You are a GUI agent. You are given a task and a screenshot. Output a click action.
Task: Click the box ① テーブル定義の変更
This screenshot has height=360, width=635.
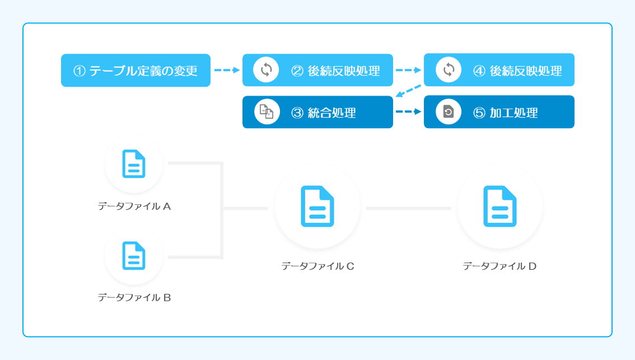[x=136, y=71]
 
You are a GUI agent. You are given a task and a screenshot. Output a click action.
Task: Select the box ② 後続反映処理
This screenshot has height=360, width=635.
[x=317, y=70]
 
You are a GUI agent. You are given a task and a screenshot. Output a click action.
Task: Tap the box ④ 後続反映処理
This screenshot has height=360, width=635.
[x=499, y=69]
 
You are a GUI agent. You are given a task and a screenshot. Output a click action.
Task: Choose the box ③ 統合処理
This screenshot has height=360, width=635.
[x=317, y=112]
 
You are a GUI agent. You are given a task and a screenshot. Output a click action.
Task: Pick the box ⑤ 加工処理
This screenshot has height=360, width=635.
[x=499, y=112]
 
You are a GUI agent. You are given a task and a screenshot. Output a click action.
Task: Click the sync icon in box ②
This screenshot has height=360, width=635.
[x=266, y=69]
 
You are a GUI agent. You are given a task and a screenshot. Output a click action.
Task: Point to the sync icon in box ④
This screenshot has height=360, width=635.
[x=449, y=69]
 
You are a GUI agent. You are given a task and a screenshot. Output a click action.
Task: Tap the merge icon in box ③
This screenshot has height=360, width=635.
[x=267, y=112]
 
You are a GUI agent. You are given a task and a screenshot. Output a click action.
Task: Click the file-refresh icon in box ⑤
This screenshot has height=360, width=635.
[x=449, y=111]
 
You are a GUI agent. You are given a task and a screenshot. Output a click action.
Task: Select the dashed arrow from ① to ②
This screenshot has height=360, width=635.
[x=227, y=70]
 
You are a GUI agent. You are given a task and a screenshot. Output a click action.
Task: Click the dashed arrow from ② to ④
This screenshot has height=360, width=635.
[x=408, y=70]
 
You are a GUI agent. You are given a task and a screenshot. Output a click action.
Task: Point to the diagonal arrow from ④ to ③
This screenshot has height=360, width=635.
[x=408, y=91]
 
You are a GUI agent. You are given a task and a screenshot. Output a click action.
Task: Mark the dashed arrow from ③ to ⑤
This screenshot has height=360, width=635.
[x=408, y=111]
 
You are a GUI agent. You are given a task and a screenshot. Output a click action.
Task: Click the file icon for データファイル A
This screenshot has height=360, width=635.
[x=134, y=163]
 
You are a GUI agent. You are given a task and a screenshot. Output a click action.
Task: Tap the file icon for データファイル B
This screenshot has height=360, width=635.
[x=134, y=255]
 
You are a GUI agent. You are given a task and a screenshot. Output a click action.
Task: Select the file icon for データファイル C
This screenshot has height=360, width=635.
[x=317, y=206]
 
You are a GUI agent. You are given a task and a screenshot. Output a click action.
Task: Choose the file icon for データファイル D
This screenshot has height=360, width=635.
[x=500, y=206]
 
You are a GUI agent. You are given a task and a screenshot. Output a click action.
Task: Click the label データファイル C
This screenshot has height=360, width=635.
[x=318, y=266]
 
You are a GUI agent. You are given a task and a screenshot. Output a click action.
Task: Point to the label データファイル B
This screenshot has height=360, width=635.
[x=134, y=298]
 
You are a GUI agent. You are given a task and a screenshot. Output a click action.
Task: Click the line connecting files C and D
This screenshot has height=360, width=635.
[x=409, y=208]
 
